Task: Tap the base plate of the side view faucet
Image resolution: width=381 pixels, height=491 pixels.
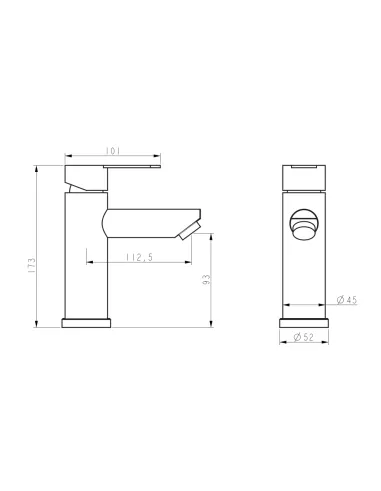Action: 88,323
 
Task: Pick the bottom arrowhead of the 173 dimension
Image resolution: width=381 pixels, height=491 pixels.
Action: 37,324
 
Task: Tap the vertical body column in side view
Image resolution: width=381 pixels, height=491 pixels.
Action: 84,254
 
